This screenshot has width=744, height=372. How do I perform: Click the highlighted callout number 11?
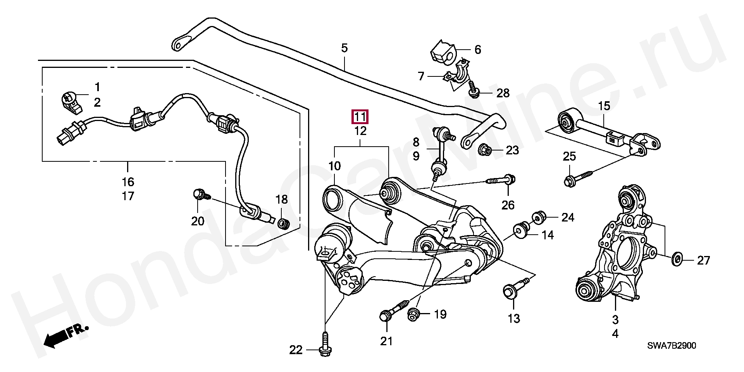point(360,117)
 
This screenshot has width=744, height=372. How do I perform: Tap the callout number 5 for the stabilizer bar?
point(344,48)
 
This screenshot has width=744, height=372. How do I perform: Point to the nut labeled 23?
point(485,149)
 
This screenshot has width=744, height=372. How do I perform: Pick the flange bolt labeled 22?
point(325,345)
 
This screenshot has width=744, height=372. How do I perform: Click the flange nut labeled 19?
point(413,314)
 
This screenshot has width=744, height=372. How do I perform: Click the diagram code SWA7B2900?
point(671,345)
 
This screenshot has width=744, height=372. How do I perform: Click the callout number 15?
point(604,106)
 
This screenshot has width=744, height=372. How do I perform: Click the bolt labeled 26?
point(504,180)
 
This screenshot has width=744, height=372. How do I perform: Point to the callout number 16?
point(128,182)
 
